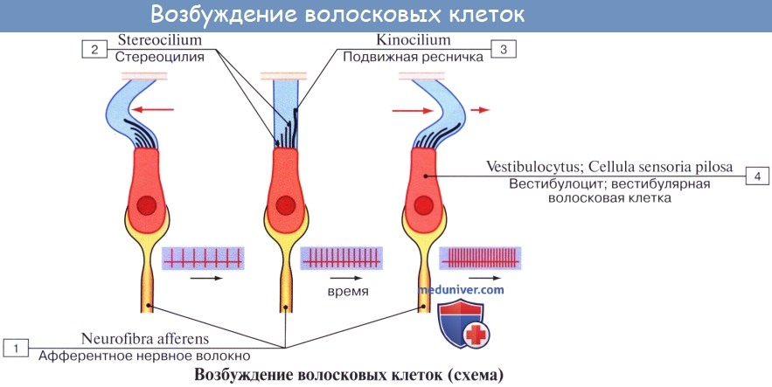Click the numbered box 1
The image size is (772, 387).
[16, 348]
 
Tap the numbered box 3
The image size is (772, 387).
[503, 49]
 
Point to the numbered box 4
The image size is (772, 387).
[756, 176]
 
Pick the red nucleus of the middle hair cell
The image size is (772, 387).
[284, 206]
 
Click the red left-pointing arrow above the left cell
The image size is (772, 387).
[155, 110]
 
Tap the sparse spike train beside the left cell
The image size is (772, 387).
[202, 258]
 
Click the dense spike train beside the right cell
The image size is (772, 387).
[480, 258]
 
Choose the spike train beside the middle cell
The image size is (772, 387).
[341, 258]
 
